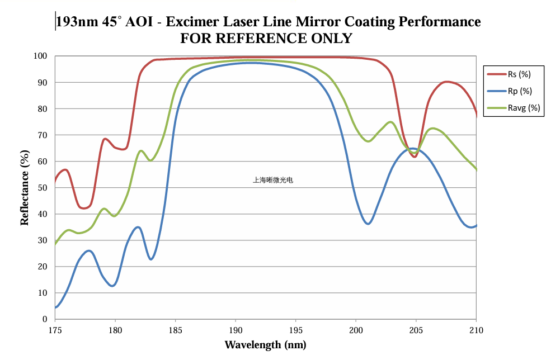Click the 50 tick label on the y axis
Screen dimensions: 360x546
tap(43, 188)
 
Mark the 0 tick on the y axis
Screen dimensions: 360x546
tap(45, 319)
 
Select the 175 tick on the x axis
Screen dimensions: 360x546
tap(55, 329)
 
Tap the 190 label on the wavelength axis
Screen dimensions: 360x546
tap(236, 329)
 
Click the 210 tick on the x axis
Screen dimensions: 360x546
tap(476, 329)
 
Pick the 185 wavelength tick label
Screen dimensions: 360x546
tap(175, 329)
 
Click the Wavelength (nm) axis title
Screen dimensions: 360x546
tap(265, 344)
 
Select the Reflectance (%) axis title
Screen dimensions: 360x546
tap(25, 187)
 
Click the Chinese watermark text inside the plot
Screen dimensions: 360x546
tap(273, 180)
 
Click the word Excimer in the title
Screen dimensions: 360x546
tap(193, 22)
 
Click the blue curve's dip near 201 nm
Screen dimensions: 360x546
tap(368, 224)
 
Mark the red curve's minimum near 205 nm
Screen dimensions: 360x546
tap(415, 157)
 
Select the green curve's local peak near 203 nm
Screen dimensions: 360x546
tap(390, 122)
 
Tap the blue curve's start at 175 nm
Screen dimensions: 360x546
tap(56, 307)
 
